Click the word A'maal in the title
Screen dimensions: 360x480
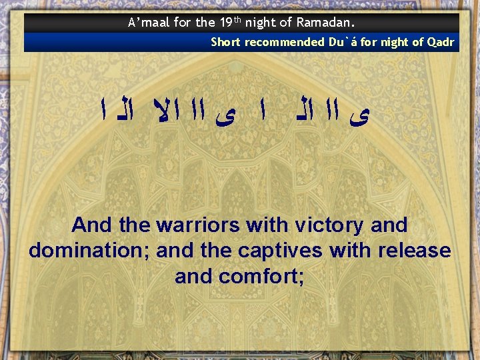pyautogui.click(x=149, y=23)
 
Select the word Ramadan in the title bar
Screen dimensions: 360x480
pyautogui.click(x=330, y=23)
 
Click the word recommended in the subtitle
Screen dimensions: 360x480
pyautogui.click(x=282, y=43)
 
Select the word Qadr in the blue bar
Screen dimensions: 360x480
pyautogui.click(x=441, y=43)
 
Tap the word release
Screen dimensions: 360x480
pyautogui.click(x=414, y=251)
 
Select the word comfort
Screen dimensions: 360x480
pyautogui.click(x=266, y=276)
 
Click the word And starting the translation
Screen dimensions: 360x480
pyautogui.click(x=92, y=225)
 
